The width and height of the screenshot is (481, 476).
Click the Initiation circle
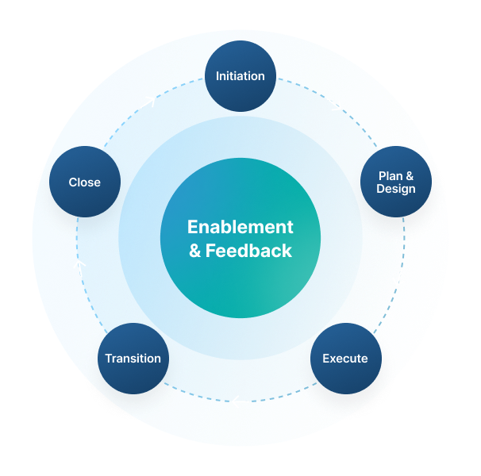[240, 76]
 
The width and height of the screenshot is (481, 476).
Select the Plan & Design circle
[395, 182]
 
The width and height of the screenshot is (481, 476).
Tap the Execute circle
[344, 358]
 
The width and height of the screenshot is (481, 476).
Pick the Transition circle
[133, 358]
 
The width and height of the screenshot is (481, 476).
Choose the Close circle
[85, 182]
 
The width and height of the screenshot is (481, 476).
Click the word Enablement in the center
[240, 227]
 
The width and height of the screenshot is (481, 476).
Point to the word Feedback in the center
[249, 251]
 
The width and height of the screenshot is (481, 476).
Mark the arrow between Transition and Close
[79, 268]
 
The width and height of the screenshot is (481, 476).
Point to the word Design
[395, 189]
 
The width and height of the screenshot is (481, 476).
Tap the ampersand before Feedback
[195, 251]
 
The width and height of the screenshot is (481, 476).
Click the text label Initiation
[240, 76]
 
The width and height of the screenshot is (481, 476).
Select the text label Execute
[344, 359]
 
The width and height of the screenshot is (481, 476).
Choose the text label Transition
[133, 359]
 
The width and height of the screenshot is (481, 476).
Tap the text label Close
[85, 182]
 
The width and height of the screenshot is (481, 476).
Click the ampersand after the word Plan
[409, 175]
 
